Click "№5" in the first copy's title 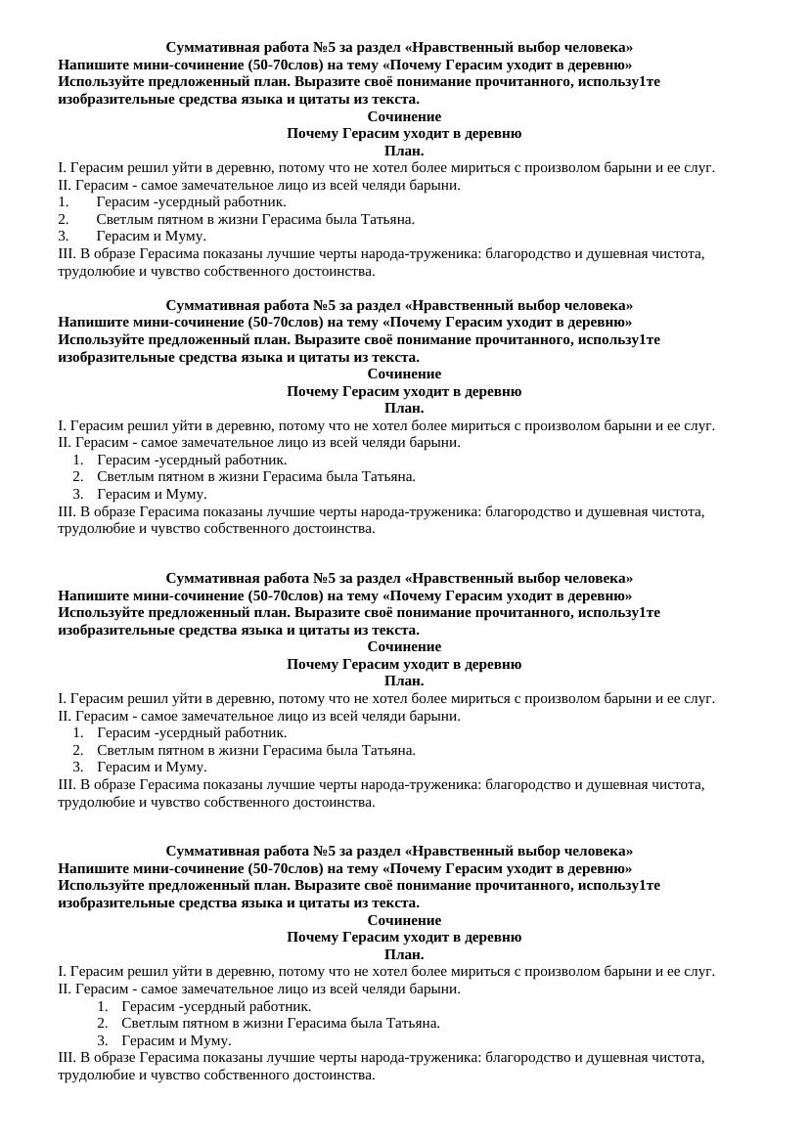tap(325, 47)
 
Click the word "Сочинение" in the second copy tap(404, 374)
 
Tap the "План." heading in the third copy tap(404, 681)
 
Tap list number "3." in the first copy tap(64, 236)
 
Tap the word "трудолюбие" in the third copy tap(93, 802)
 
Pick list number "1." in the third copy tap(78, 732)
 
